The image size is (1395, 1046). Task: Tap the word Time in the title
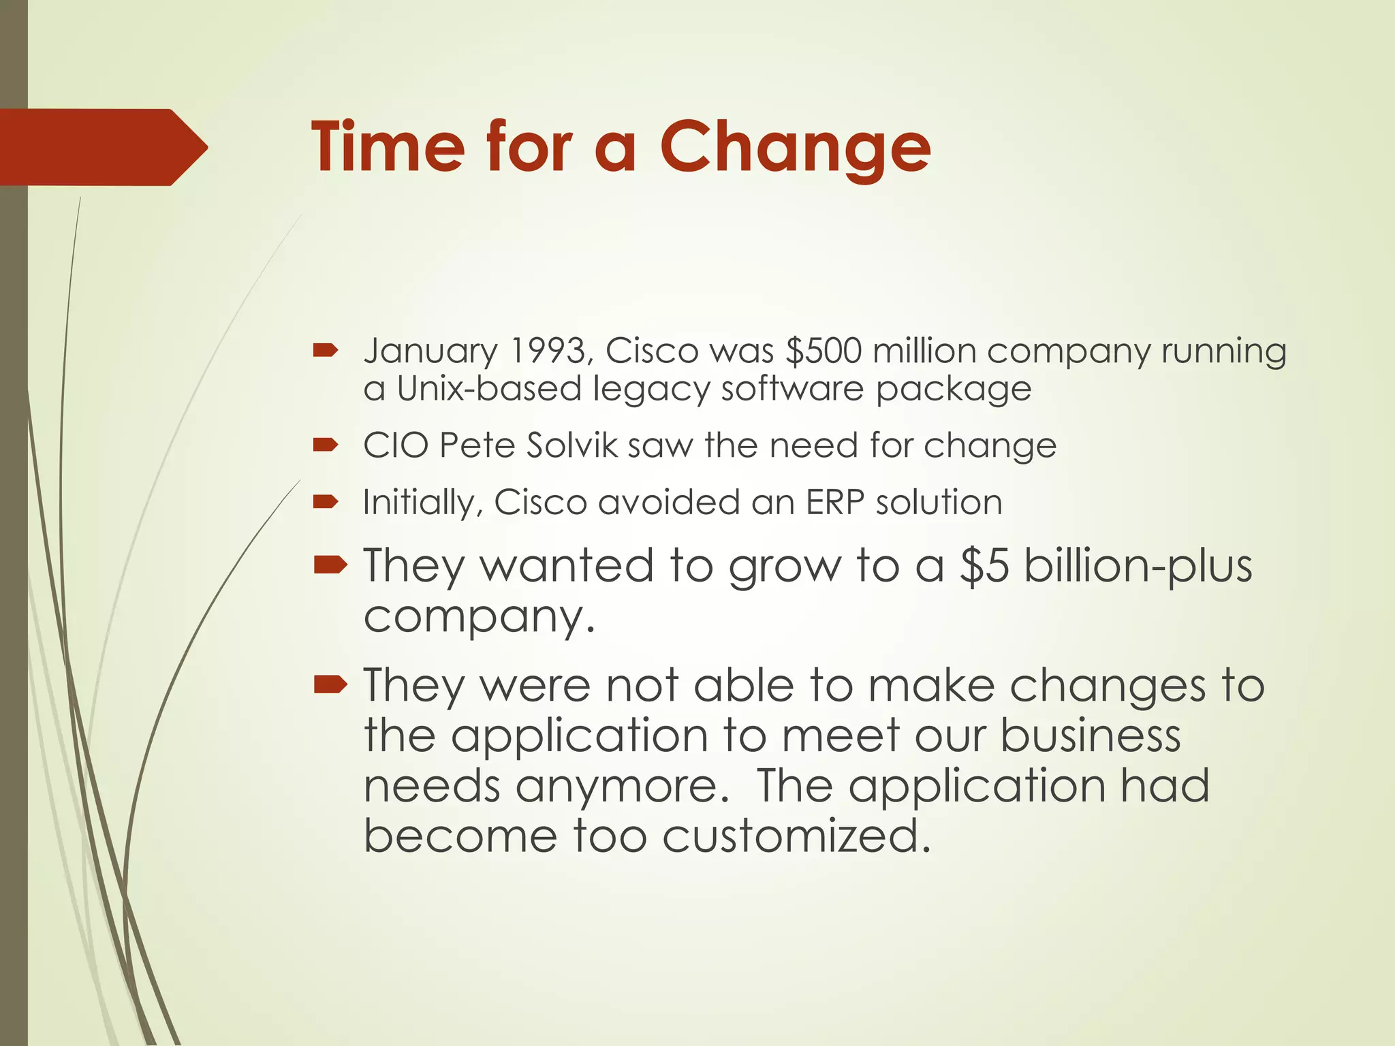[x=387, y=147]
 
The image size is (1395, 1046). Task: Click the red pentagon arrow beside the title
[x=102, y=147]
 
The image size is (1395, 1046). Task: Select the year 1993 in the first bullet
[x=546, y=351]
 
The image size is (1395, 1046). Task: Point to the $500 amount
[x=823, y=351]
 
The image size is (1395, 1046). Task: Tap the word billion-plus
[x=1138, y=567]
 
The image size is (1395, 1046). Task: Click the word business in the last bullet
[x=1091, y=736]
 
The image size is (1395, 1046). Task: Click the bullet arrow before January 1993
[x=326, y=351]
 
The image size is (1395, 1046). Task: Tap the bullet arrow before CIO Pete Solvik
[x=326, y=445]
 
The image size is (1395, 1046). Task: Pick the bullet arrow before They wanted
[x=331, y=565]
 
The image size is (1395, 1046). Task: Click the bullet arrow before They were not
[x=331, y=684]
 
